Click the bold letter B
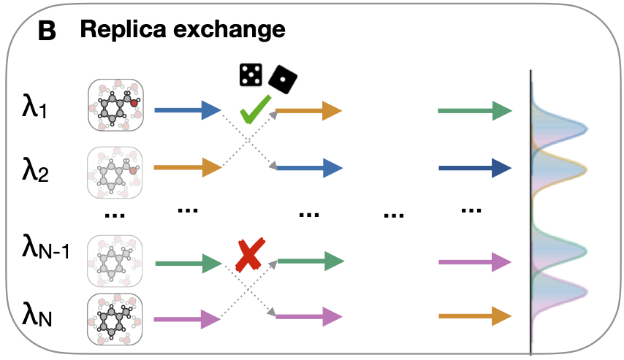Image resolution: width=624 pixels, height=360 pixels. click(x=47, y=31)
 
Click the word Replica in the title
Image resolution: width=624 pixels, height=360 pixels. click(x=123, y=30)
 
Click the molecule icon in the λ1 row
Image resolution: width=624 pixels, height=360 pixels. click(x=115, y=105)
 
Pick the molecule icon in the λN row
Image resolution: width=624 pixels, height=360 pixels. click(x=115, y=319)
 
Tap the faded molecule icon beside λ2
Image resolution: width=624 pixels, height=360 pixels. click(x=115, y=172)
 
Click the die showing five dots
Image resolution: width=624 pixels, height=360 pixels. click(x=251, y=74)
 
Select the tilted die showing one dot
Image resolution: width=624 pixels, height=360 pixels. click(x=283, y=79)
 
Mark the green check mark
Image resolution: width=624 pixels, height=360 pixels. click(x=256, y=109)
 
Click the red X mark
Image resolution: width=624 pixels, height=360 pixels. click(x=250, y=255)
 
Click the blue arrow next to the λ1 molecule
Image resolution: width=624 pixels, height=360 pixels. click(x=188, y=110)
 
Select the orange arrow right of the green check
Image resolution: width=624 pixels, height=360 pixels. click(x=309, y=110)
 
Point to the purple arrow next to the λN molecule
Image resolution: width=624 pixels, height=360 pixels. click(x=187, y=319)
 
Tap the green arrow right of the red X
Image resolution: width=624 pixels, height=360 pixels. click(x=311, y=261)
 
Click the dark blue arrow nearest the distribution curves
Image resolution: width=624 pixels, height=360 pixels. click(x=475, y=168)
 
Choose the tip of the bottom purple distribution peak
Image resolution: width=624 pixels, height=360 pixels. click(x=587, y=291)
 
